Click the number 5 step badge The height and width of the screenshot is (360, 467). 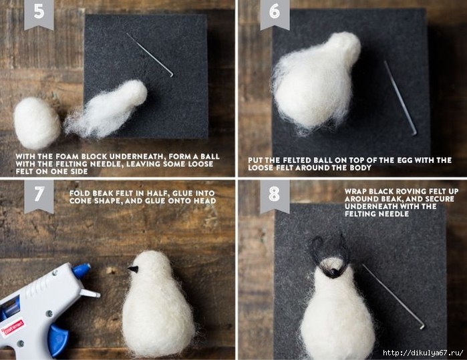[x=39, y=13]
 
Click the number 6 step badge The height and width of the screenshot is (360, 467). [x=275, y=13]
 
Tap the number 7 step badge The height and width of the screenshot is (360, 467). [x=39, y=195]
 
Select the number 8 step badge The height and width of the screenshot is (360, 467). [x=275, y=195]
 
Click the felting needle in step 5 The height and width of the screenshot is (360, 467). [x=150, y=55]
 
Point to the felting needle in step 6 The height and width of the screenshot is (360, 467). [x=400, y=98]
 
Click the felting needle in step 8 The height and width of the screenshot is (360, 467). [x=394, y=297]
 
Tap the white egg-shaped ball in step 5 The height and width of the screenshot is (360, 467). [x=36, y=123]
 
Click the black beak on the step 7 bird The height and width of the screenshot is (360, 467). [x=133, y=269]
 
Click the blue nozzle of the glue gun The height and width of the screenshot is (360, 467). [x=82, y=271]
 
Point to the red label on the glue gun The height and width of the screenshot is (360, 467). [x=13, y=327]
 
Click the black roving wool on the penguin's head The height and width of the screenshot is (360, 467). [x=329, y=255]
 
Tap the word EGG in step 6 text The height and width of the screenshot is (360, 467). [x=405, y=160]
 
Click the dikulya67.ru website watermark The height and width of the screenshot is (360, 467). [x=423, y=353]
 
